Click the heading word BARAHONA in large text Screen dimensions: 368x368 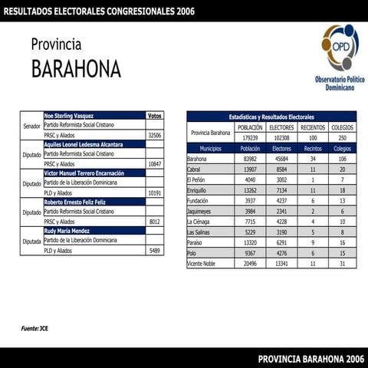tap(76, 69)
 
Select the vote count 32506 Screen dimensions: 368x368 tap(154, 134)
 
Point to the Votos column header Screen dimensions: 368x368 tap(154, 115)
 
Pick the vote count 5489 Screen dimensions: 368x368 tap(155, 250)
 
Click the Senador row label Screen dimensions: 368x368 tap(31, 125)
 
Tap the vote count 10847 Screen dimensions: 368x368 tap(154, 163)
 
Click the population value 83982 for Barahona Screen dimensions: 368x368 tap(250, 159)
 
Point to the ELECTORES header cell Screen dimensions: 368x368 tap(282, 127)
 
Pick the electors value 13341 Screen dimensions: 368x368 tap(282, 263)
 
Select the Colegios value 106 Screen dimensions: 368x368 tap(342, 159)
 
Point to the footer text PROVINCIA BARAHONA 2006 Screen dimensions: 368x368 tap(310, 358)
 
